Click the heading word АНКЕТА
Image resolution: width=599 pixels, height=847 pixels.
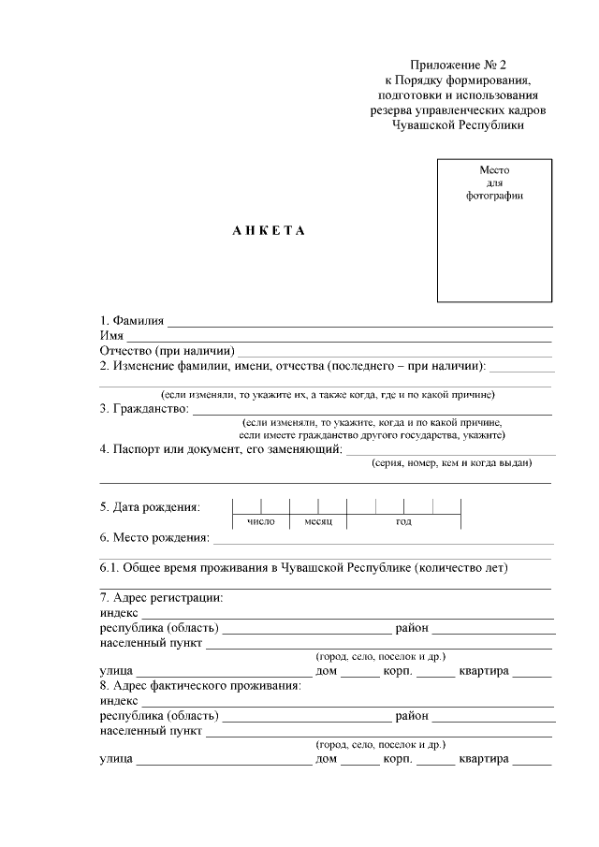tap(269, 231)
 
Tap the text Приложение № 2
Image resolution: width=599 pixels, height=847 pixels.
tap(457, 65)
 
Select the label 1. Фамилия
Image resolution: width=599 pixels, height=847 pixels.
tap(132, 320)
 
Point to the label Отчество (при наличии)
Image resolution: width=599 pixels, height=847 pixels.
tap(166, 351)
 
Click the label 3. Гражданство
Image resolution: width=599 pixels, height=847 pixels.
tap(144, 409)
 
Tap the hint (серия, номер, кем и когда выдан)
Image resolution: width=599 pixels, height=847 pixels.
tap(451, 462)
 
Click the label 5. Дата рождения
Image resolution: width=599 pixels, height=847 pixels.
tap(150, 507)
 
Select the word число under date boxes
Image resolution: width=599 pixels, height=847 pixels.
tap(261, 521)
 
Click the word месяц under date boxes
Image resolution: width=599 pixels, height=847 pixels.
tap(318, 521)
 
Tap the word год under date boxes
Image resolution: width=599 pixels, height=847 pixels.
tap(403, 521)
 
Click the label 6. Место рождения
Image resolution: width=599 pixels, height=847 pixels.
tap(153, 537)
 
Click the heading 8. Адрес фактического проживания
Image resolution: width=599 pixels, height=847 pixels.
tap(200, 685)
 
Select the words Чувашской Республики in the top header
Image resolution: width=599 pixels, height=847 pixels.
tap(458, 124)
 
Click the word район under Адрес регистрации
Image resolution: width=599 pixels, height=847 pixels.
tap(412, 627)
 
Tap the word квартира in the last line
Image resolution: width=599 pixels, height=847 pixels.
tap(483, 758)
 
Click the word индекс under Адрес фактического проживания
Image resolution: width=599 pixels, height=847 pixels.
tap(119, 700)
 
